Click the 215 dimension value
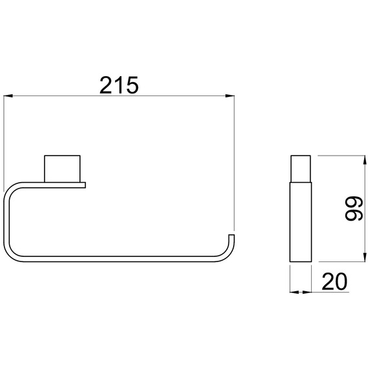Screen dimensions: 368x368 pyautogui.click(x=119, y=85)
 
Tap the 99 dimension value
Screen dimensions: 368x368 pyautogui.click(x=354, y=209)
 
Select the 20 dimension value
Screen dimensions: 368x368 pyautogui.click(x=334, y=281)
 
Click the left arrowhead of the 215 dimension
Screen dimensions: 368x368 pyautogui.click(x=8, y=96)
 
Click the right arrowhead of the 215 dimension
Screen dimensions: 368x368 pyautogui.click(x=230, y=96)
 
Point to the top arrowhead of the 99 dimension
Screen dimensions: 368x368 pyautogui.click(x=365, y=160)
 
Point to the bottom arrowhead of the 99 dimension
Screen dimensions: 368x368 pyautogui.click(x=365, y=257)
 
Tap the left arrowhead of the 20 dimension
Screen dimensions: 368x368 pyautogui.click(x=294, y=292)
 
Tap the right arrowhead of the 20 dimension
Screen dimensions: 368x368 pyautogui.click(x=307, y=292)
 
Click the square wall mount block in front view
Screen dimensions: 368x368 pyautogui.click(x=62, y=169)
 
